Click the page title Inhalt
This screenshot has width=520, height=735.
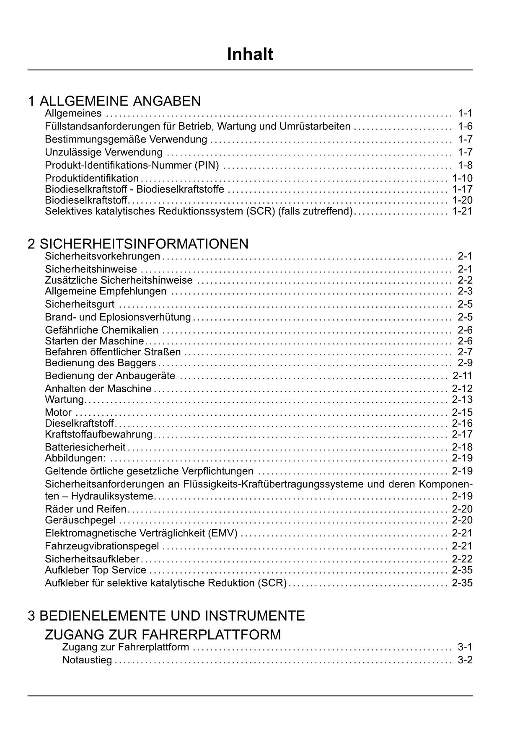[x=250, y=54]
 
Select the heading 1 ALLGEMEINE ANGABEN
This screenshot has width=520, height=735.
[x=114, y=101]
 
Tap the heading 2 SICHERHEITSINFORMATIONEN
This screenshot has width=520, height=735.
[x=138, y=244]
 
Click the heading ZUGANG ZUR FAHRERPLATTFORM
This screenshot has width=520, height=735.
[x=163, y=635]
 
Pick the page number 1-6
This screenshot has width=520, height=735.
[x=465, y=126]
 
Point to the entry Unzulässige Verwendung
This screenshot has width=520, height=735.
[x=103, y=152]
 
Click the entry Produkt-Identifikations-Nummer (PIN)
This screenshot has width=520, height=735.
[x=132, y=166]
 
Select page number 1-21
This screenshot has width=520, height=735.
[x=462, y=211]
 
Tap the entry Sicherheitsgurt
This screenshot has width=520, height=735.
[x=80, y=304]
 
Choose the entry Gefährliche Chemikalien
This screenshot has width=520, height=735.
[x=102, y=330]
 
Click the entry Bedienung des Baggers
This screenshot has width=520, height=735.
[x=101, y=363]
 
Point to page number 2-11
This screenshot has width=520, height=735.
[x=462, y=376]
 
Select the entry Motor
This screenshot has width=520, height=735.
[x=58, y=413]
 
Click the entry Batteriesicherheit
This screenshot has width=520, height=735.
[x=85, y=447]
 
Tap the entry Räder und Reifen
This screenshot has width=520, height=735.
[x=86, y=509]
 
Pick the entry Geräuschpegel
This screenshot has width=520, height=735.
[x=80, y=520]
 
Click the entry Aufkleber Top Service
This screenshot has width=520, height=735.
[x=96, y=570]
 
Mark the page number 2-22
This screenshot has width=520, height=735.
[x=462, y=559]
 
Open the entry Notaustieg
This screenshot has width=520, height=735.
[x=87, y=660]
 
